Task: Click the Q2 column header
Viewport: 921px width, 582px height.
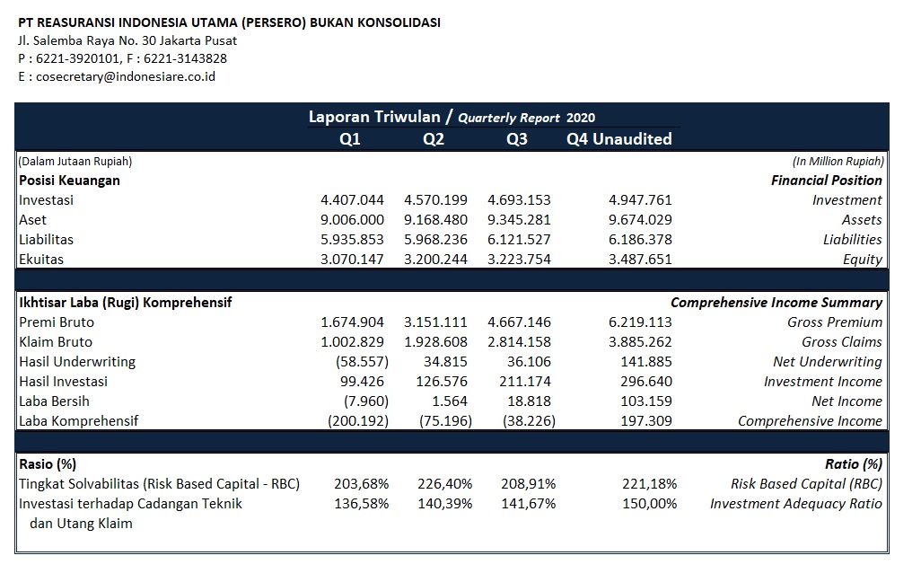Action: (434, 139)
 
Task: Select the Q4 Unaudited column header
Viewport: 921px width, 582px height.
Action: (619, 139)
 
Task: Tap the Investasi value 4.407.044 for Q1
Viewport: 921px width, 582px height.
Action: (353, 200)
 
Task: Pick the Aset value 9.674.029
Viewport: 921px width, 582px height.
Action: (640, 220)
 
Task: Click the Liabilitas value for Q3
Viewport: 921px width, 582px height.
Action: (519, 240)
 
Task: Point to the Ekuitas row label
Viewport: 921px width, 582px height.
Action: (41, 260)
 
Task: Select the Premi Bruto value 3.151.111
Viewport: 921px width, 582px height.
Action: (436, 322)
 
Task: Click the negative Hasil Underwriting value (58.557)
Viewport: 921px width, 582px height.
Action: (362, 362)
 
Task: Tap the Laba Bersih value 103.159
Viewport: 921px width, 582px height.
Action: (646, 401)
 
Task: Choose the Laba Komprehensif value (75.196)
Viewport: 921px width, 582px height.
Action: (446, 421)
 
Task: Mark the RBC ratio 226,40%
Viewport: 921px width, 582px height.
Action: (444, 484)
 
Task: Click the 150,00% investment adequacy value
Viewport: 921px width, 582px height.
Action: (650, 504)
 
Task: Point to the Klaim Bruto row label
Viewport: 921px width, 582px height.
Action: (56, 342)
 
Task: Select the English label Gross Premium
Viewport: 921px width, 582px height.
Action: (835, 322)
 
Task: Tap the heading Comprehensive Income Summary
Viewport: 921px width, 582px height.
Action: (776, 302)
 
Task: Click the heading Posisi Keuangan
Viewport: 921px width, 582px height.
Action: (69, 181)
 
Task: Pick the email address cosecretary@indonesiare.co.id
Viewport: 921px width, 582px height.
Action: (126, 76)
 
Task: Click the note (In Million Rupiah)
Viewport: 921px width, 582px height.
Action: (838, 161)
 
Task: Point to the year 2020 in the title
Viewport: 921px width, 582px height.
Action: (581, 118)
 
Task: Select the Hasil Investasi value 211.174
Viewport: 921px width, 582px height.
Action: (525, 382)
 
